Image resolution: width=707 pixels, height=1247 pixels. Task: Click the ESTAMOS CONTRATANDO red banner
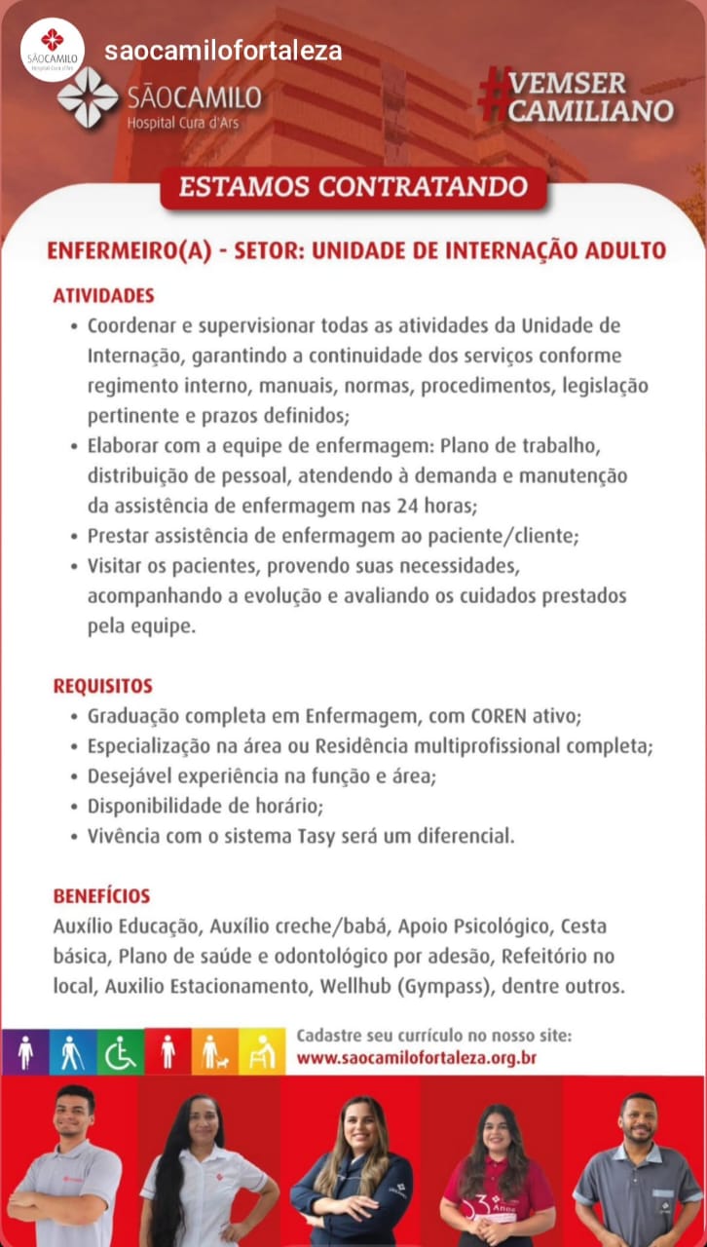353,187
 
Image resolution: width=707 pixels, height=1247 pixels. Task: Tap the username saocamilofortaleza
223,51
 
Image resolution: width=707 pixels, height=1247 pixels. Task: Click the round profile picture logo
53,49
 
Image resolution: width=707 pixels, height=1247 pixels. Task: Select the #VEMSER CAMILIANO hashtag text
577,96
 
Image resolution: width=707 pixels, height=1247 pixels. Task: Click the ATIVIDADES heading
103,295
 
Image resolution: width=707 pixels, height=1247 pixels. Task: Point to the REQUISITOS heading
102,686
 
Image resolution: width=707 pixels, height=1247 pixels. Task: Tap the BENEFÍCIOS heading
101,895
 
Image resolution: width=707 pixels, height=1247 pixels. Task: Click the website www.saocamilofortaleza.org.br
417,1057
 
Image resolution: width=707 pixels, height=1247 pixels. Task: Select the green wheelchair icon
121,1051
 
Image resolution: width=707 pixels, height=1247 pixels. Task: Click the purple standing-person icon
25,1051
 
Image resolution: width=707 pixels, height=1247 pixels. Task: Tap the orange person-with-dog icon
215,1051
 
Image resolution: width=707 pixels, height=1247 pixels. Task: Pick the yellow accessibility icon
262,1051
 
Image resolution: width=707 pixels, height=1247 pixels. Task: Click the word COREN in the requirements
499,717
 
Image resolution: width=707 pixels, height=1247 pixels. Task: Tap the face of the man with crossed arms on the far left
73,1116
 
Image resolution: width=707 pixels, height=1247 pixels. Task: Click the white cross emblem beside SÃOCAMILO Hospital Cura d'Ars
88,98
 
